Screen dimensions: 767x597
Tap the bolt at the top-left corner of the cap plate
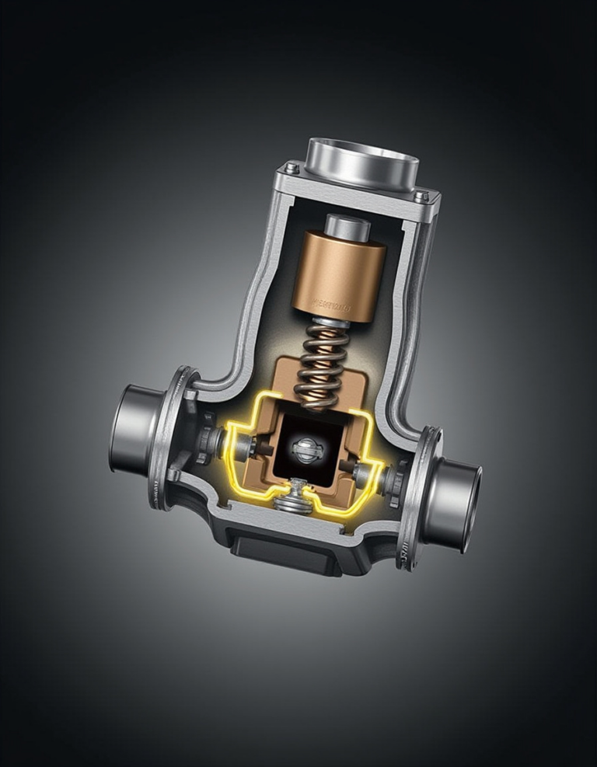pos(292,168)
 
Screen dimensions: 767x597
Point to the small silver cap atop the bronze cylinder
pos(347,228)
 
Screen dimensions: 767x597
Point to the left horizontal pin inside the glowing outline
pos(245,446)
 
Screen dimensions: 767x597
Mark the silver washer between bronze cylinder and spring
pos(330,322)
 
